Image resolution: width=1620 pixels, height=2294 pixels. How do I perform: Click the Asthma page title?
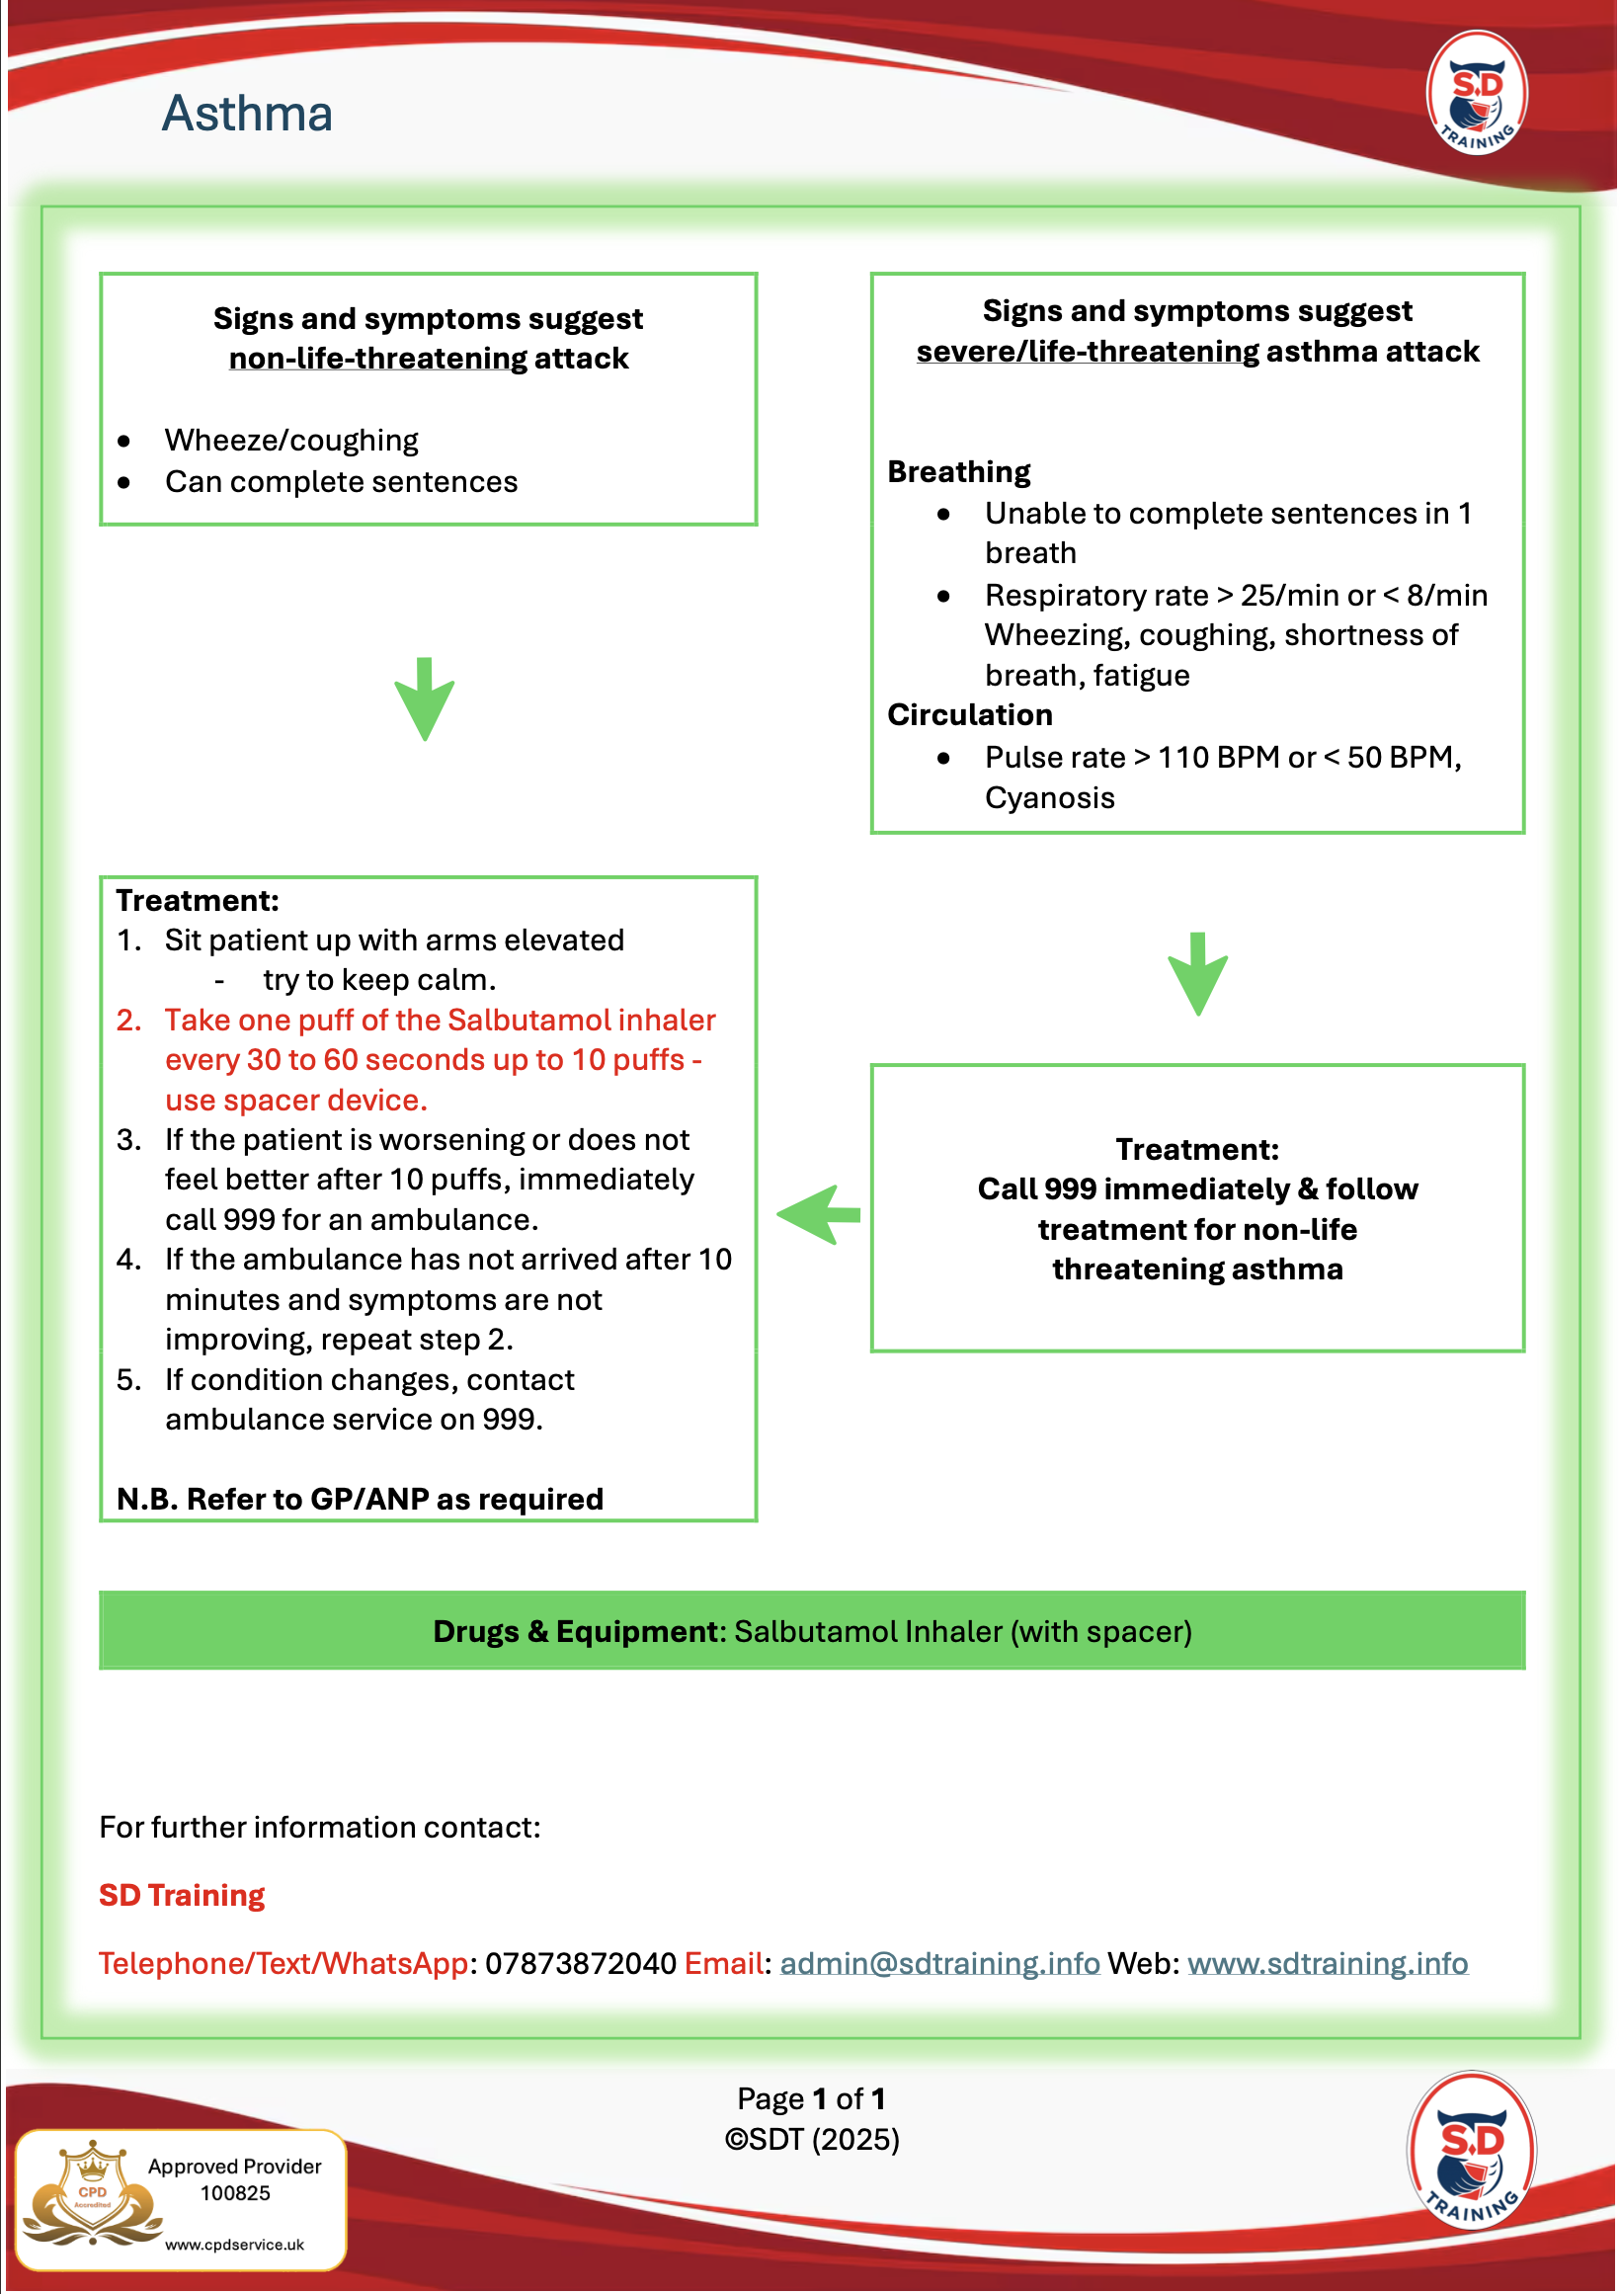click(247, 114)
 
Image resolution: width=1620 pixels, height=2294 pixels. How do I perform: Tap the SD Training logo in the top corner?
click(1476, 93)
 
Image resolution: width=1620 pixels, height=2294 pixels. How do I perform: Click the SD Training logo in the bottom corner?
click(1471, 2153)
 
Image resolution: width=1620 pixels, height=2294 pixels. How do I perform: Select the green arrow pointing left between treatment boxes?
click(819, 1215)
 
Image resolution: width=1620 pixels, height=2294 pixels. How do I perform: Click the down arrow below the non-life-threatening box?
click(425, 698)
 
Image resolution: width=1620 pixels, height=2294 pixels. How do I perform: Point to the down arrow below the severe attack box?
click(1197, 973)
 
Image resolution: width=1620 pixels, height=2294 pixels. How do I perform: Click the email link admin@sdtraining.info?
click(939, 1963)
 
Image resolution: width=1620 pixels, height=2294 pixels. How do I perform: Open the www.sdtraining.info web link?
click(1328, 1963)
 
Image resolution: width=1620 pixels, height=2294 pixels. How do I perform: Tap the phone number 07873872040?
click(580, 1963)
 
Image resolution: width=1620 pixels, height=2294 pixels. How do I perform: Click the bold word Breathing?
click(959, 471)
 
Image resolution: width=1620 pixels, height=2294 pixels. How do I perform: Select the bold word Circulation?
click(970, 714)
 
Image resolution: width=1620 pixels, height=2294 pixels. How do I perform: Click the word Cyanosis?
click(1050, 798)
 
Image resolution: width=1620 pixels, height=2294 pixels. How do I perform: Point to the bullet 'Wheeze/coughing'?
click(291, 441)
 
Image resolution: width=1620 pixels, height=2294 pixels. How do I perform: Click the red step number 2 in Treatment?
click(128, 1021)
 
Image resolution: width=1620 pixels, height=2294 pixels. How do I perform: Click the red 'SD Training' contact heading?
click(182, 1895)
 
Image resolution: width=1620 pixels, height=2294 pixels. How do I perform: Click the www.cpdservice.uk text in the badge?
click(235, 2244)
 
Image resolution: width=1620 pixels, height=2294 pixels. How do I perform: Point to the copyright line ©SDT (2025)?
click(812, 2139)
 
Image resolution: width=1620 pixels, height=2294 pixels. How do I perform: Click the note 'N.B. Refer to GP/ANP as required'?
click(360, 1499)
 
